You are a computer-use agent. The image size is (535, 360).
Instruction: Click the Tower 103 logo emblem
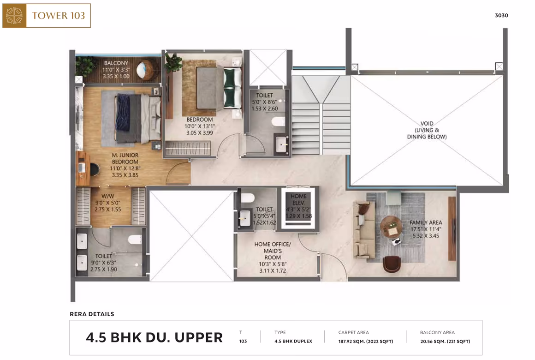click(14, 16)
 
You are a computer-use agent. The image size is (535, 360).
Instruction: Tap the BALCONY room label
click(116, 63)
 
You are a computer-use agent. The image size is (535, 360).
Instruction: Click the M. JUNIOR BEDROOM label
click(125, 158)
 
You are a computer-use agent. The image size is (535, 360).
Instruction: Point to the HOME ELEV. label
click(298, 199)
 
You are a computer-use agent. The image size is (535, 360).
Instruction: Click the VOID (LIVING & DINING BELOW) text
click(427, 130)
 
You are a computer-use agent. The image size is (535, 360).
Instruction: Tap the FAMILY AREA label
click(426, 223)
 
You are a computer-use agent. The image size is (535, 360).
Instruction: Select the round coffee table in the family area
click(392, 227)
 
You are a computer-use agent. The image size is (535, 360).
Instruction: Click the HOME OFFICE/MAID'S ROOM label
click(273, 251)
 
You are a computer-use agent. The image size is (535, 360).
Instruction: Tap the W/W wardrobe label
click(108, 197)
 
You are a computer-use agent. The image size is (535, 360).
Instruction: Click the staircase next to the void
click(321, 115)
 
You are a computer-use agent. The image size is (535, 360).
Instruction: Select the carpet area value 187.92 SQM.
click(366, 341)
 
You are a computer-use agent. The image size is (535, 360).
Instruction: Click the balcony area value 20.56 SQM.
click(445, 341)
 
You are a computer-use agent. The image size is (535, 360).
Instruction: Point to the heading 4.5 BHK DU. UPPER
click(154, 337)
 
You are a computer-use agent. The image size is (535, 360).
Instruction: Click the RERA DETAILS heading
click(92, 314)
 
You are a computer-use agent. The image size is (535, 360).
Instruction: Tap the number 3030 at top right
click(502, 15)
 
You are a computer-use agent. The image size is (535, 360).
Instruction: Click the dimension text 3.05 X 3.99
click(200, 133)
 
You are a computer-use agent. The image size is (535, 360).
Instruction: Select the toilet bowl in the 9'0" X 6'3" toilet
click(135, 240)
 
